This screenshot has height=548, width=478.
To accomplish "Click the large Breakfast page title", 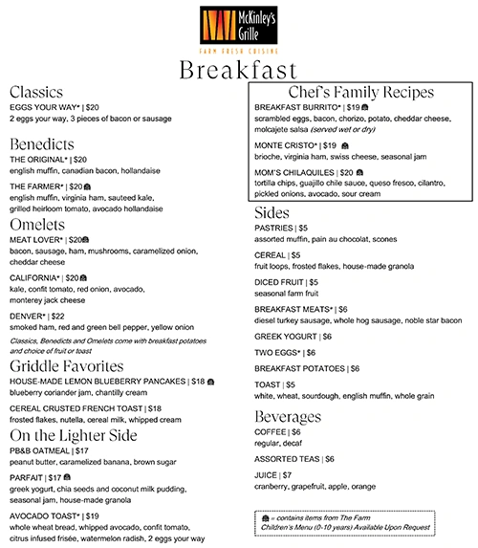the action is tap(239, 72).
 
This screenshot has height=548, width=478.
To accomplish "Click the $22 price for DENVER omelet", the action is tap(56, 316).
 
